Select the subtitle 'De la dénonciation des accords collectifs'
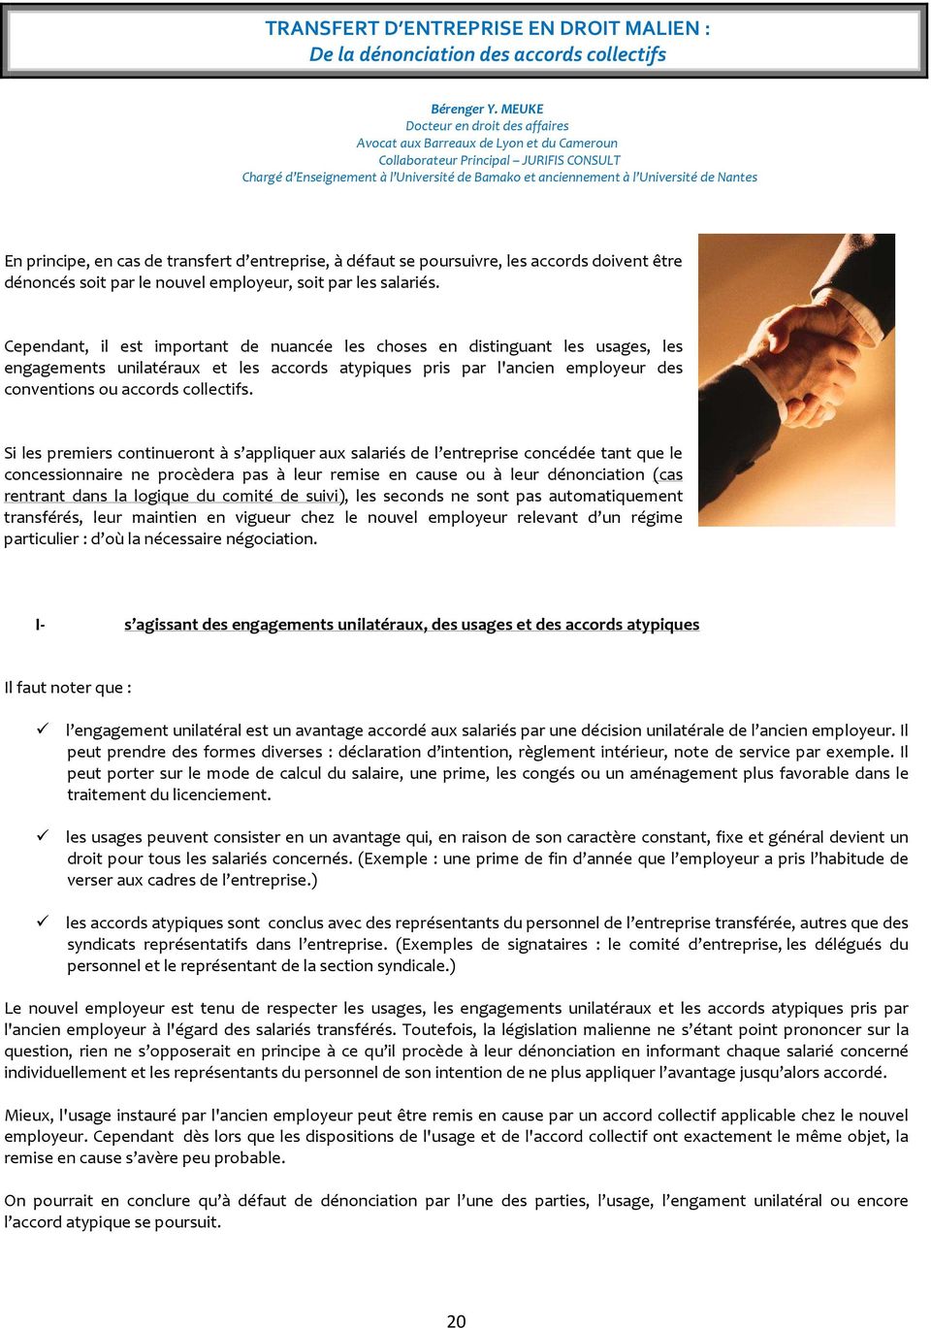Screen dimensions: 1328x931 [x=487, y=54]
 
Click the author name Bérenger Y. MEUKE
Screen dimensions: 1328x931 [x=487, y=109]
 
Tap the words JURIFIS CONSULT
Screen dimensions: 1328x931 [x=571, y=160]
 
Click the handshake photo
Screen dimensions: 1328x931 [x=796, y=379]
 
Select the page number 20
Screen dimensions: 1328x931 [x=456, y=1320]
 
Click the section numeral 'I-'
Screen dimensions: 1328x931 [x=40, y=625]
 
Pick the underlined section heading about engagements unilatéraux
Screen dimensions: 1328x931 [x=411, y=625]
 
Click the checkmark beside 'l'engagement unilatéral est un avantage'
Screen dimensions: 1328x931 [x=43, y=729]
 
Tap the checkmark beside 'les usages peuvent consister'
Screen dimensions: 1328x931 [x=43, y=835]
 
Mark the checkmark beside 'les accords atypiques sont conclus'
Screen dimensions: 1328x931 [x=43, y=921]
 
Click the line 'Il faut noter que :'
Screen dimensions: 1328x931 [x=68, y=688]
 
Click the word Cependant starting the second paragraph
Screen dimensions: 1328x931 [x=46, y=346]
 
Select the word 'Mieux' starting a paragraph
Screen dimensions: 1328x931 [x=28, y=1115]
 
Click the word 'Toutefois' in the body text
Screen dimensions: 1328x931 [x=437, y=1029]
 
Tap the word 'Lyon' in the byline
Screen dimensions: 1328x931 [x=509, y=143]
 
